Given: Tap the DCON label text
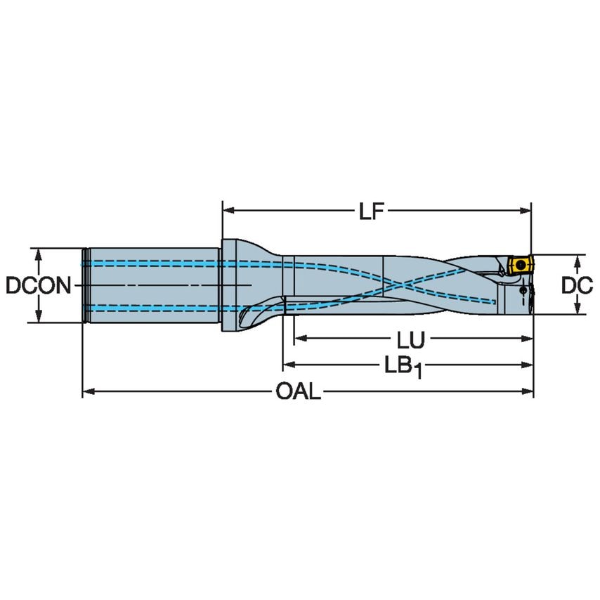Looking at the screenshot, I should (x=38, y=286).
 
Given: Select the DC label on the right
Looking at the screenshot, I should (x=578, y=285).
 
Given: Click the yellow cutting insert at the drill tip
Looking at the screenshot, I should (x=519, y=265).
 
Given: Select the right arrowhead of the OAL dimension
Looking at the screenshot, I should (x=529, y=392).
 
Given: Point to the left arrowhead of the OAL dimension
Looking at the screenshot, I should (x=88, y=392).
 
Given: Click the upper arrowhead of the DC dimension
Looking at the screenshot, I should (x=577, y=261).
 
